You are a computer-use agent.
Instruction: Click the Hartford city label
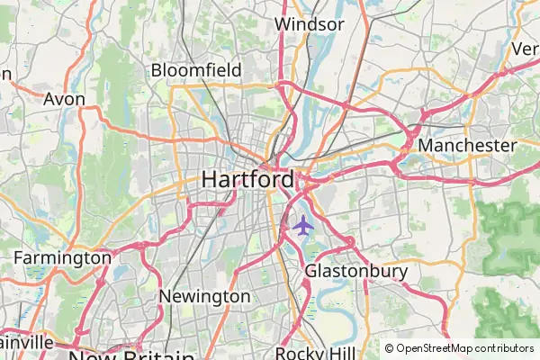247,179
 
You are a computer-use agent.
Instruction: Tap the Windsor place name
310,24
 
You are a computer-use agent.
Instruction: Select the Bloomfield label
196,69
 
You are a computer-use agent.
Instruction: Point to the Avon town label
65,99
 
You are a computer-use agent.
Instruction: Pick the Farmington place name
62,258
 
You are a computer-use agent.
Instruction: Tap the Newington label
204,296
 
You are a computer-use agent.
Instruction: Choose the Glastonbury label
356,270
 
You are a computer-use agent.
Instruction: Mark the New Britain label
130,355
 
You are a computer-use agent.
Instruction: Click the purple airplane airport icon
302,225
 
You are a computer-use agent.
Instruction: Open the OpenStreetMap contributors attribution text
465,348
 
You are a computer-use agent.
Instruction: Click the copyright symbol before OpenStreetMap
390,348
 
